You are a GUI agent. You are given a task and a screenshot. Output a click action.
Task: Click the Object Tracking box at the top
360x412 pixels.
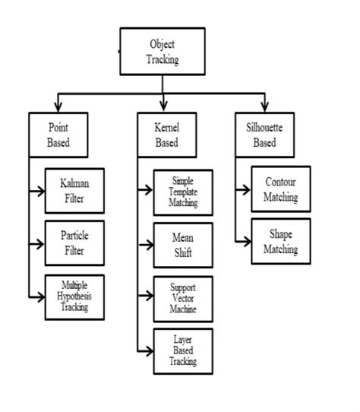pos(163,51)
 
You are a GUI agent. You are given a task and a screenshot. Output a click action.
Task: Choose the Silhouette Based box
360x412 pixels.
pos(264,135)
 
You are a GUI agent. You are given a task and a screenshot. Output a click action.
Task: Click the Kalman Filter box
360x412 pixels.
pos(74,190)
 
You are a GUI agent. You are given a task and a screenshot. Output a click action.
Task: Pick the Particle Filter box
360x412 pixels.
pos(74,242)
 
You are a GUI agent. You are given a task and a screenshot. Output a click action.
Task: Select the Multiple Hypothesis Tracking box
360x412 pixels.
pos(74,296)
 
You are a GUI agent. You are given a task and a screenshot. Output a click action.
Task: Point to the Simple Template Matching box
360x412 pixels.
pos(182,192)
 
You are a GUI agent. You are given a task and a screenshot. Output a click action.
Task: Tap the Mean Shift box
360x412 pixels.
pos(182,245)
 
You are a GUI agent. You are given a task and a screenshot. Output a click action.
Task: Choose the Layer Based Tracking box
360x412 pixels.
pos(182,350)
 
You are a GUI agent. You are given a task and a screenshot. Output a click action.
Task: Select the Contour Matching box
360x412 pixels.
pos(280,189)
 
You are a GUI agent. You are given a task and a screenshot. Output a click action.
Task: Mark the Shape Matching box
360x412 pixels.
pos(280,241)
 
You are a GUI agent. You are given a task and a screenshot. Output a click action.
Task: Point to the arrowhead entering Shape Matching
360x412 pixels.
pos(246,241)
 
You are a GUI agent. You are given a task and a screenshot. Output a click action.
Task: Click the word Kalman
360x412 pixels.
pos(74,184)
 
